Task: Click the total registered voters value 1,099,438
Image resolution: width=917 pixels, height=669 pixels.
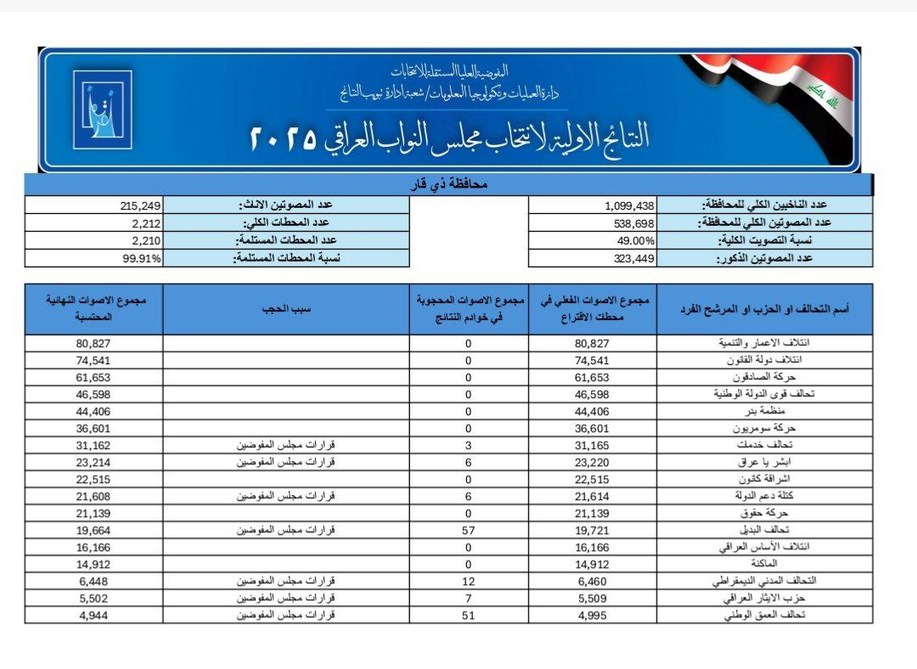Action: (x=630, y=205)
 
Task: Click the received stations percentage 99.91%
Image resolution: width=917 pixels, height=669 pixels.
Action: (x=142, y=259)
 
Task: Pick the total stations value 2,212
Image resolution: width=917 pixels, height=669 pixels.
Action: (x=145, y=223)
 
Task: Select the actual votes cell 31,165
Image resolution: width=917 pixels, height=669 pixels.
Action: (x=593, y=444)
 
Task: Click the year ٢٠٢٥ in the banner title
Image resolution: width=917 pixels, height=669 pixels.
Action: (x=283, y=138)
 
